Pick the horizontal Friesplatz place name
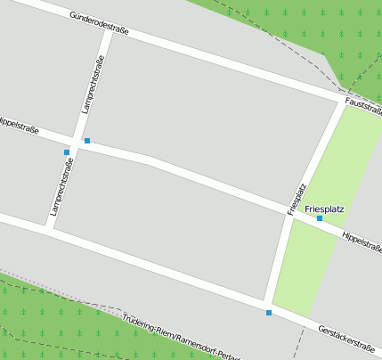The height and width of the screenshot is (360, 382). point(324,209)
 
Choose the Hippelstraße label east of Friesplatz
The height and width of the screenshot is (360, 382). point(362,241)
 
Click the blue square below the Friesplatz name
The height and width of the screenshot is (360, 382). point(320,218)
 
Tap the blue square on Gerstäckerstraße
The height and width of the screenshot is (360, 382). point(269,313)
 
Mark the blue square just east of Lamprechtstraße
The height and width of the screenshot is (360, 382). point(87,141)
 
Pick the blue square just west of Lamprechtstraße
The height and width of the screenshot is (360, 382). point(67,152)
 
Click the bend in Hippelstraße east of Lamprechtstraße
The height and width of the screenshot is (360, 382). point(150,160)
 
